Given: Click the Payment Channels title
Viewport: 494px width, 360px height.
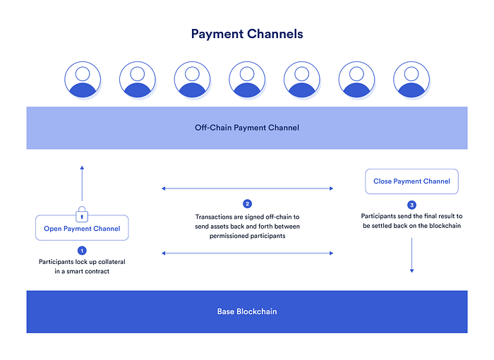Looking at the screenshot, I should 247,33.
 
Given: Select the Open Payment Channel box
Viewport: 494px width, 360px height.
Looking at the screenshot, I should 82,228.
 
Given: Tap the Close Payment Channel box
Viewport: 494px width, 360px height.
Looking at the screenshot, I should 411,181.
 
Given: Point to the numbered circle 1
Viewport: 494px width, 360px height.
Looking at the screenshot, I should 82,250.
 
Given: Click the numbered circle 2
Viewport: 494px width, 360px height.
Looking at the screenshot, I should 247,204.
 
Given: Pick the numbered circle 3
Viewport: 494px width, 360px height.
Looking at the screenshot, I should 411,204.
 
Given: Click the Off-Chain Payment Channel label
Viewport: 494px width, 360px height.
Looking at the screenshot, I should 247,128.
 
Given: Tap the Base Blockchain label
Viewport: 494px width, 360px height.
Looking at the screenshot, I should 247,311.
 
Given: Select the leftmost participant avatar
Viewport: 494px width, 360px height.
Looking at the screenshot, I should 82,79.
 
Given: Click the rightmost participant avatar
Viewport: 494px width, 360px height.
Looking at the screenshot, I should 411,79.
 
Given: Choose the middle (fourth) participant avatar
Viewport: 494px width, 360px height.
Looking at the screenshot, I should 247,79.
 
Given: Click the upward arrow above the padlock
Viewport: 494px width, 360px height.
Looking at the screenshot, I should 82,184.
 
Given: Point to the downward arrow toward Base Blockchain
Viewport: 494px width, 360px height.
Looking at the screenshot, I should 411,256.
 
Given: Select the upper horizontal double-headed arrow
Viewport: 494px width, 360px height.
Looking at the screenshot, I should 247,188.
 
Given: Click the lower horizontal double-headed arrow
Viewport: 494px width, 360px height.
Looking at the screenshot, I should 247,253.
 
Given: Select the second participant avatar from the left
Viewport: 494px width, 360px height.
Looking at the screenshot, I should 137,79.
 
